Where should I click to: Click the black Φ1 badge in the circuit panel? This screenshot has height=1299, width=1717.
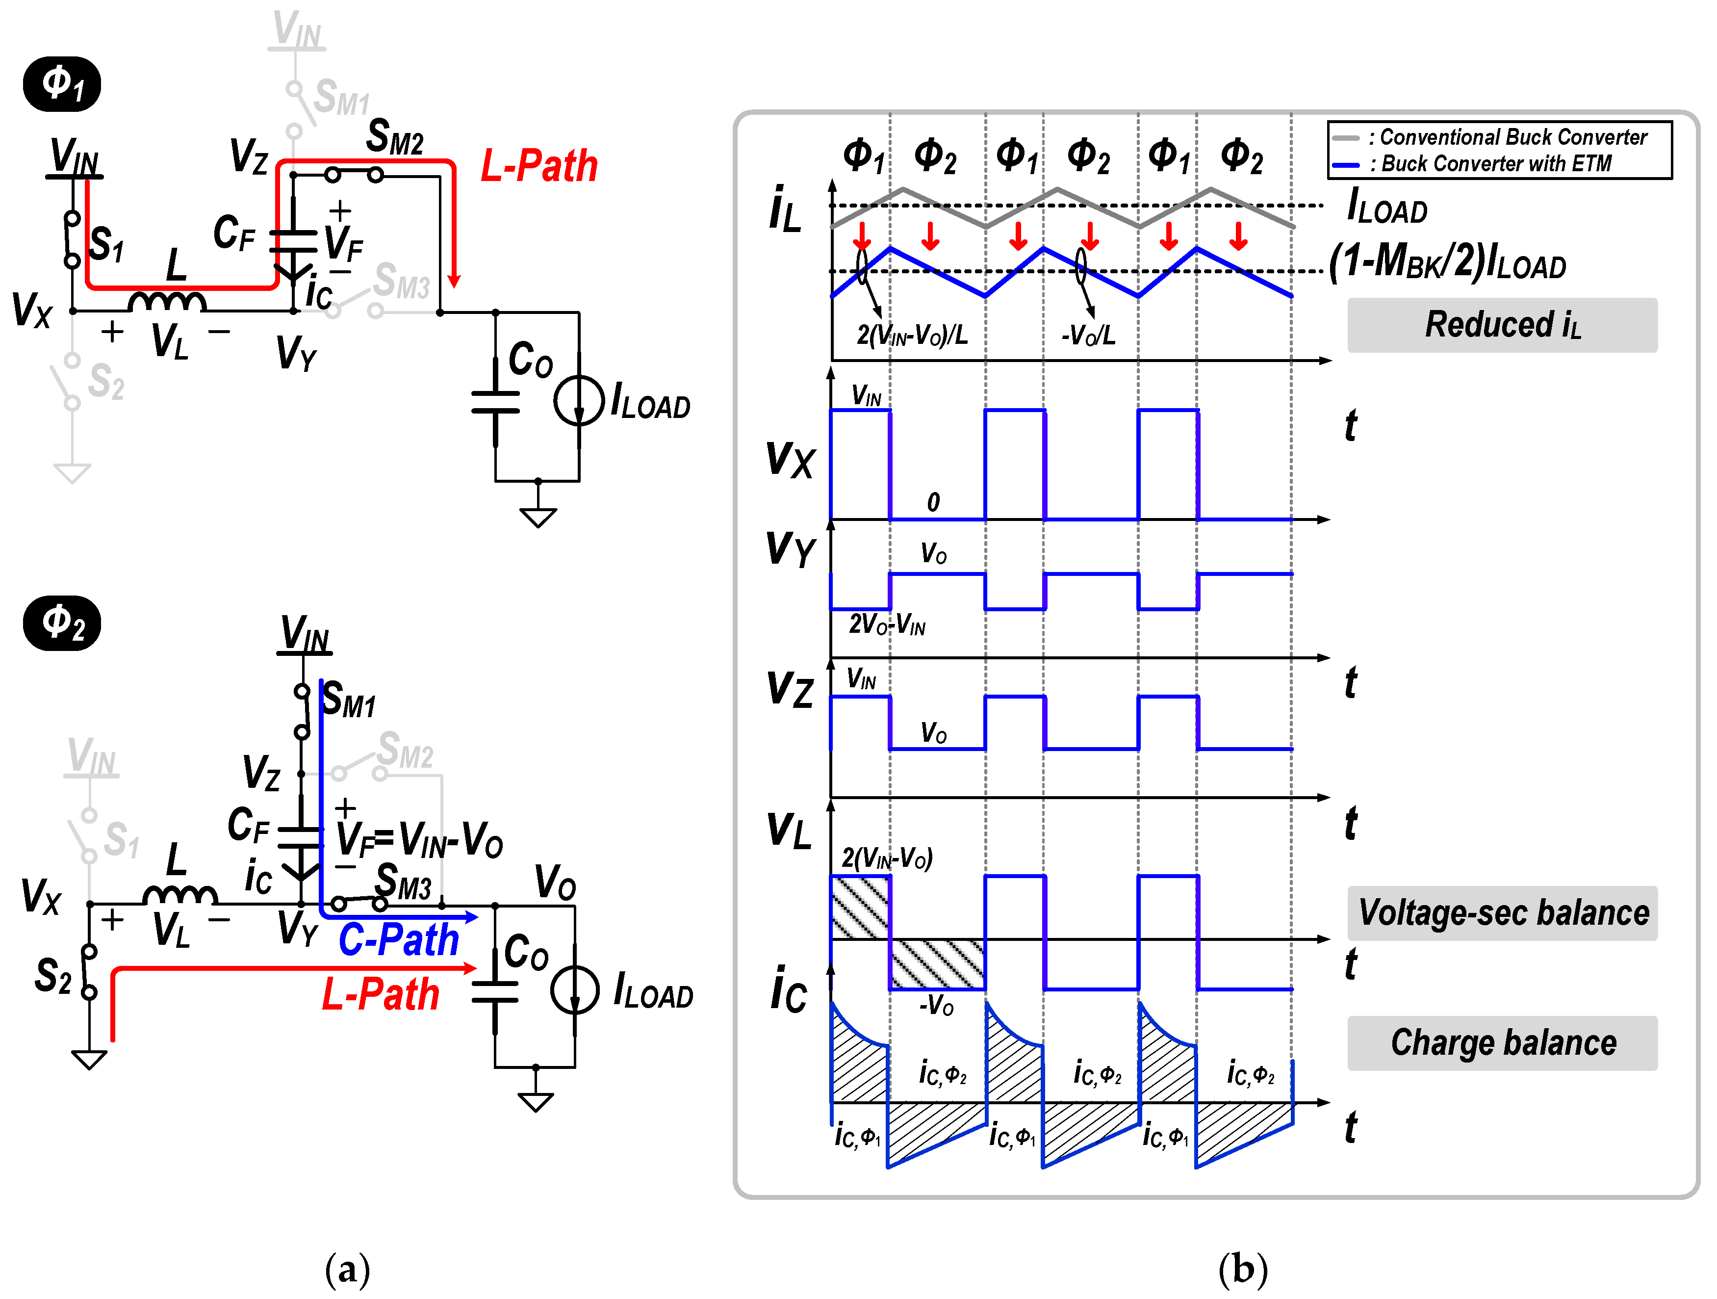pyautogui.click(x=62, y=84)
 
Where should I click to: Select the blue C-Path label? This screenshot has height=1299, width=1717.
pyautogui.click(x=399, y=939)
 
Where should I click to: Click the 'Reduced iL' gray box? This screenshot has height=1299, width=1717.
pyautogui.click(x=1502, y=325)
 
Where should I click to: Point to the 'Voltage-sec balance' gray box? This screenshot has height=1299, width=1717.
pyautogui.click(x=1502, y=913)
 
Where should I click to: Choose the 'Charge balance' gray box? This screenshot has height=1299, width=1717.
pyautogui.click(x=1502, y=1043)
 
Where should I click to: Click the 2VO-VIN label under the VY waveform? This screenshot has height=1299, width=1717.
pyautogui.click(x=886, y=625)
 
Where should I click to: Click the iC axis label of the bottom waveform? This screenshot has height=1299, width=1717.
pyautogui.click(x=788, y=990)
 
